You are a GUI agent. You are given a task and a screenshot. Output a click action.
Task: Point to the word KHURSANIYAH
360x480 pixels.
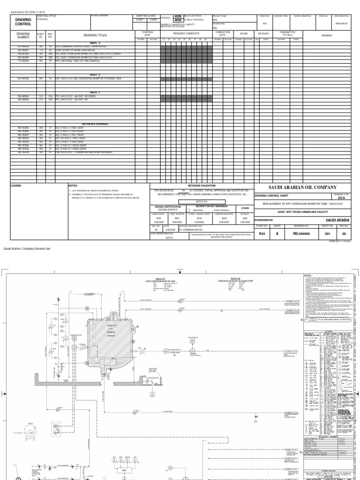coord(264,219)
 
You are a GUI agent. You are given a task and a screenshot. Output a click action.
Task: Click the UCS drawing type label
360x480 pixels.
coord(341,199)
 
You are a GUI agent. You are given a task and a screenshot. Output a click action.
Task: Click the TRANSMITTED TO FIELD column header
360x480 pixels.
coord(288,34)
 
